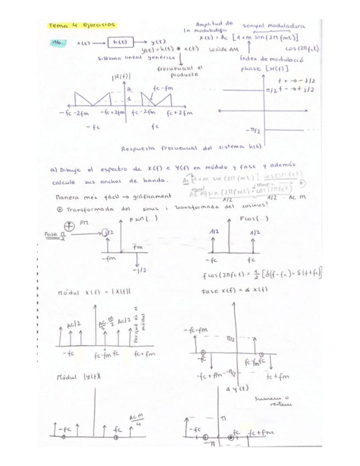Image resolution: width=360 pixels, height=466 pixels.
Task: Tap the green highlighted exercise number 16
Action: pyautogui.click(x=57, y=42)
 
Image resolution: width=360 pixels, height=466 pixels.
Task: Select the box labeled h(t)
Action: pyautogui.click(x=119, y=42)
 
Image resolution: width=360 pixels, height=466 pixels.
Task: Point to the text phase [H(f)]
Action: pyautogui.click(x=262, y=69)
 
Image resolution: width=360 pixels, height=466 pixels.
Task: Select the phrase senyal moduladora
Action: pyautogui.click(x=274, y=26)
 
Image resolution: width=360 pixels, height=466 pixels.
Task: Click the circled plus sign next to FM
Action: pyautogui.click(x=69, y=226)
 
